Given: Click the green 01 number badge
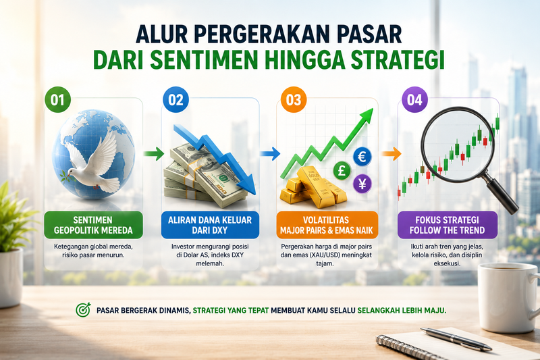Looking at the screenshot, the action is coord(57,99).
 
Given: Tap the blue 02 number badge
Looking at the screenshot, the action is coord(175,99).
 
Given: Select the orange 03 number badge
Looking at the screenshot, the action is coord(294,99).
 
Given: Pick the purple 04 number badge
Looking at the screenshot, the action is coord(414,99).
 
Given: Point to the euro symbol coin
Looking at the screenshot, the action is coord(362,157).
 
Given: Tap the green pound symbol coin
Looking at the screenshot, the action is coord(342,170).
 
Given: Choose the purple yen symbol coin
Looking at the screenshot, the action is coord(362,184).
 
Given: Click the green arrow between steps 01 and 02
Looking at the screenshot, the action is coord(154,153).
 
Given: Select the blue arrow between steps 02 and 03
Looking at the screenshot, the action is coord(269,153).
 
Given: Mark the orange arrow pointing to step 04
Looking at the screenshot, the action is coord(391,153).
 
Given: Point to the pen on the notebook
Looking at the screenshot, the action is coord(456,339).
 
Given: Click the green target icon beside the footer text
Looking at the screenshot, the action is coord(83,310).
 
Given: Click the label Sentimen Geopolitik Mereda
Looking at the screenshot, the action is coord(93,225).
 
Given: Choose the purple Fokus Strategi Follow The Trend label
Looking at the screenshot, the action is coord(448,225).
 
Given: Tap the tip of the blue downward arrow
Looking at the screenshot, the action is coord(254,194).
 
